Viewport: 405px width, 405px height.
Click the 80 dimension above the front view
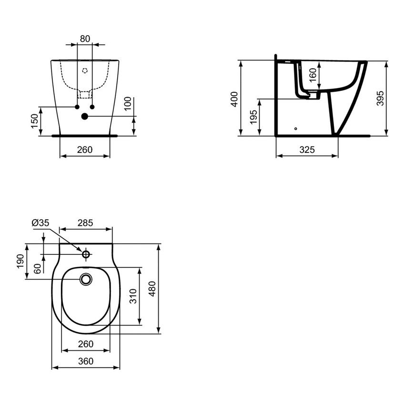tap(85, 39)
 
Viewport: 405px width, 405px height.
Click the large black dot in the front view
tap(85, 116)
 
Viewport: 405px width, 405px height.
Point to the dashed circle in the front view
tap(85, 71)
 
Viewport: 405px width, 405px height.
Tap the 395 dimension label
tap(380, 98)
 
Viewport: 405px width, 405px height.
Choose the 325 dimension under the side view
tap(307, 150)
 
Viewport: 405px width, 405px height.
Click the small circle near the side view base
tap(295, 128)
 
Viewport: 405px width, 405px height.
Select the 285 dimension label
tap(85, 223)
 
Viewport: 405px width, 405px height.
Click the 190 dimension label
tap(20, 261)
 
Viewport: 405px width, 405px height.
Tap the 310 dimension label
tap(133, 296)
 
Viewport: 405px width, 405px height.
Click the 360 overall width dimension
tap(85, 361)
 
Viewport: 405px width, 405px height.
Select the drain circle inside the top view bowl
tap(86, 279)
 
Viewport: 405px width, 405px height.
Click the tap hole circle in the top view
tap(86, 254)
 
